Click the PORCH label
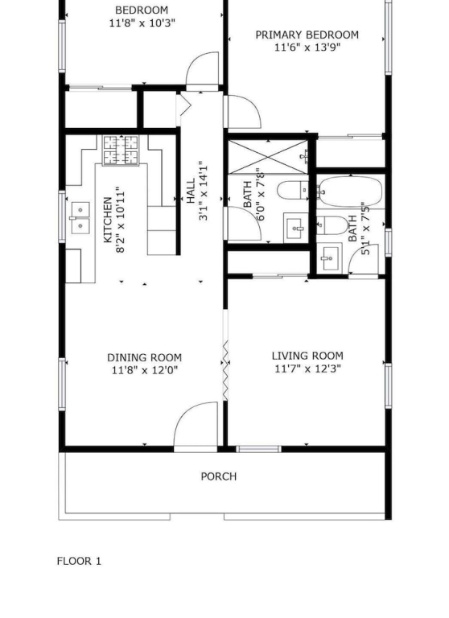[x=219, y=476]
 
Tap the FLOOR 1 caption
[x=79, y=561]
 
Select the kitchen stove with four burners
[x=121, y=150]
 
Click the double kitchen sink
[x=80, y=218]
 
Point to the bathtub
[x=350, y=192]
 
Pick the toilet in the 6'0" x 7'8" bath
[x=293, y=192]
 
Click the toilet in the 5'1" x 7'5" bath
[x=332, y=225]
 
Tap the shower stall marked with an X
[x=269, y=156]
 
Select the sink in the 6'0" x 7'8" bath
[x=295, y=229]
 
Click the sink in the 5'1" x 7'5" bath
[x=329, y=257]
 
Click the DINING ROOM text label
[x=145, y=358]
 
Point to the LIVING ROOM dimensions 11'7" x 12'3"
[x=307, y=369]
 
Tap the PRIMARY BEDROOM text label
[x=307, y=35]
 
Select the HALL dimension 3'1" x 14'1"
[x=204, y=191]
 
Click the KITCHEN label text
[x=107, y=220]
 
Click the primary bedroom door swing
[x=244, y=112]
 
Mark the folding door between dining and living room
[x=226, y=370]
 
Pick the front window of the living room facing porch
[x=258, y=449]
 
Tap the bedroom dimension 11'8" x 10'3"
[x=142, y=23]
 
